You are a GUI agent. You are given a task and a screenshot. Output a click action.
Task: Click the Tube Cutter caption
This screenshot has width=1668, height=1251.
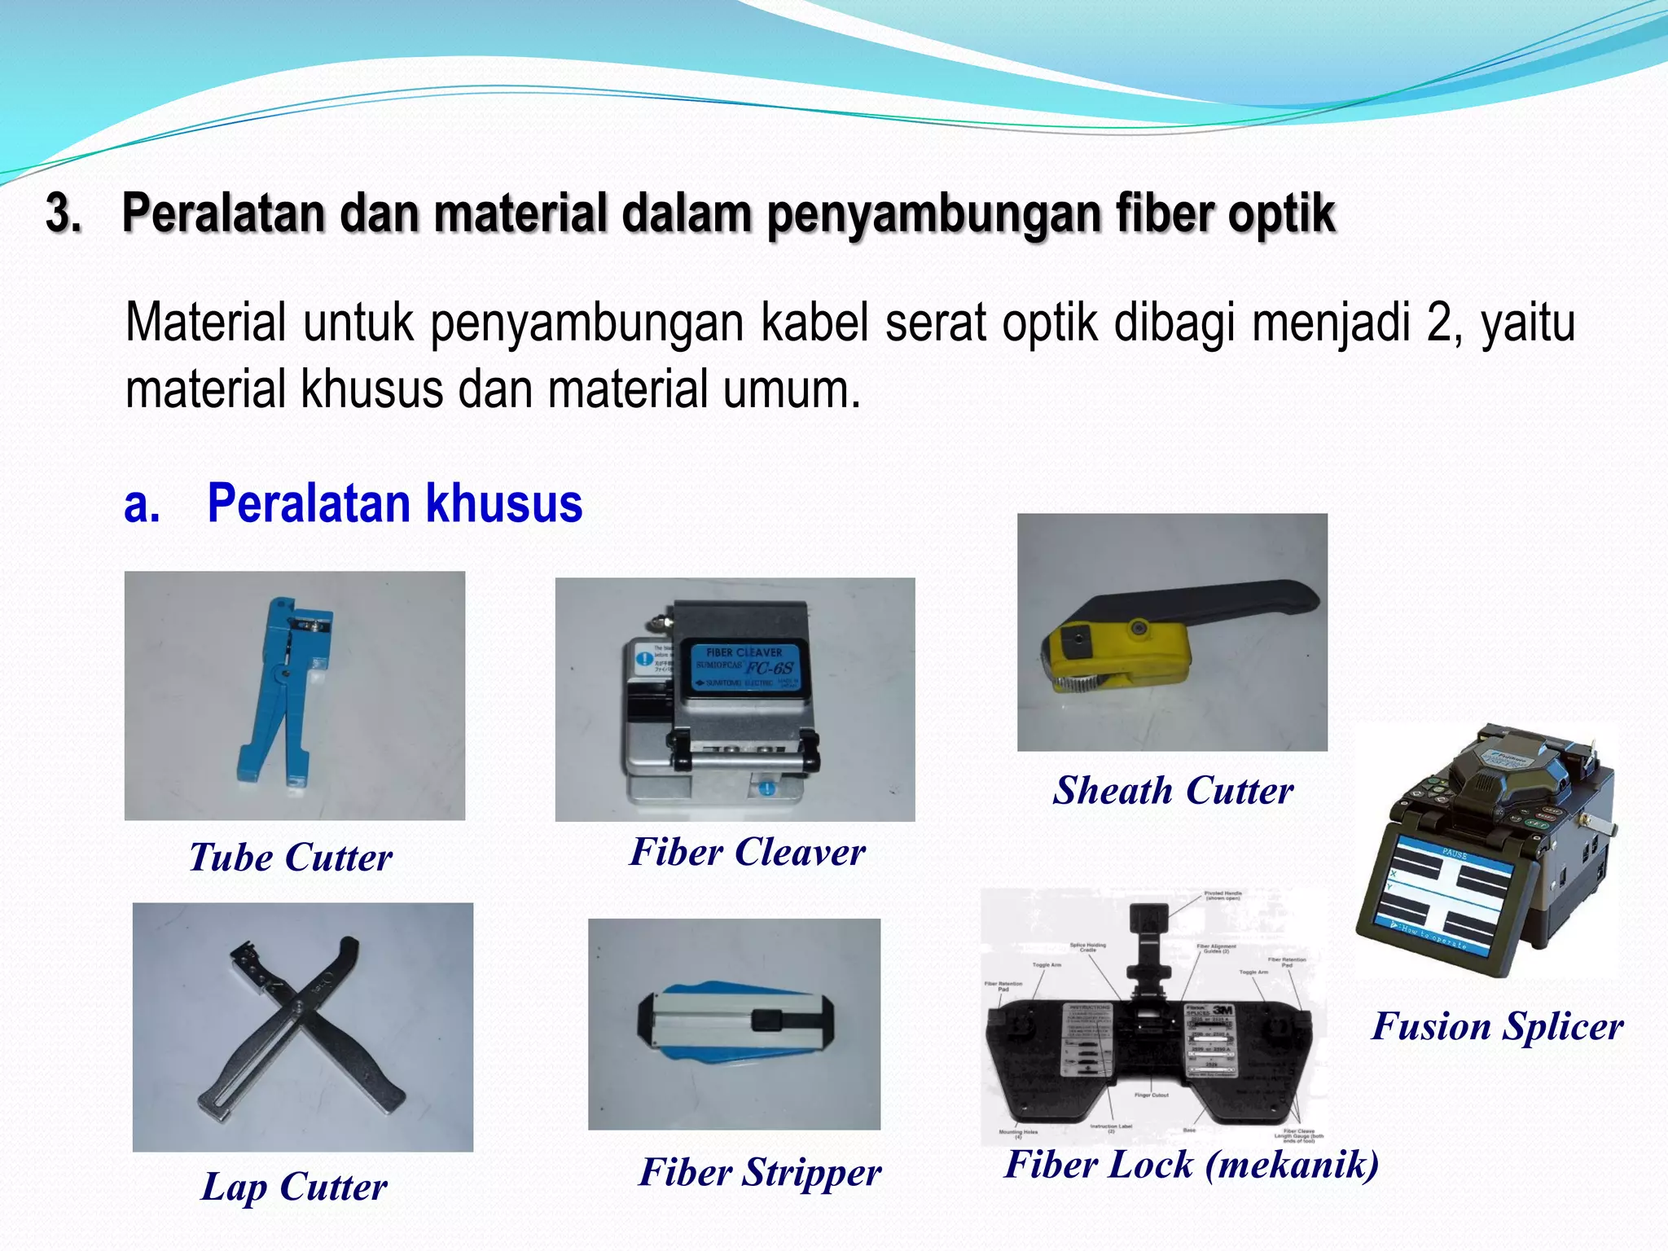pos(291,858)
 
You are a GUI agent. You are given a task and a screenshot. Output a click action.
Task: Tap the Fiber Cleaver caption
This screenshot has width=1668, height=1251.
pos(747,853)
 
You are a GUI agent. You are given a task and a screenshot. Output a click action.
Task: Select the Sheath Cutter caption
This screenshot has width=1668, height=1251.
pos(1173,791)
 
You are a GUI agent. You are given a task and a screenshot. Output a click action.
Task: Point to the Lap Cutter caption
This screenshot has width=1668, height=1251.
pos(294,1187)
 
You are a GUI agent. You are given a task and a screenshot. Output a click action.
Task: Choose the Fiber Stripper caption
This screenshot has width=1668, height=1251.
pos(760,1173)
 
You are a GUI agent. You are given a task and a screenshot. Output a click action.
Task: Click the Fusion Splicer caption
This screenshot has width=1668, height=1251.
pos(1497,1026)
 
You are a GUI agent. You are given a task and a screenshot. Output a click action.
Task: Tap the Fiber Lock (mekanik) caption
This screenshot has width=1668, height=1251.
pos(1192,1164)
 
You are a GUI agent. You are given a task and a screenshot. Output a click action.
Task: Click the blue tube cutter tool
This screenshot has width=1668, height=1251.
pos(281,692)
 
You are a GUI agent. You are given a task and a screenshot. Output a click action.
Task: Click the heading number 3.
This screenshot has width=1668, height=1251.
pos(63,213)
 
